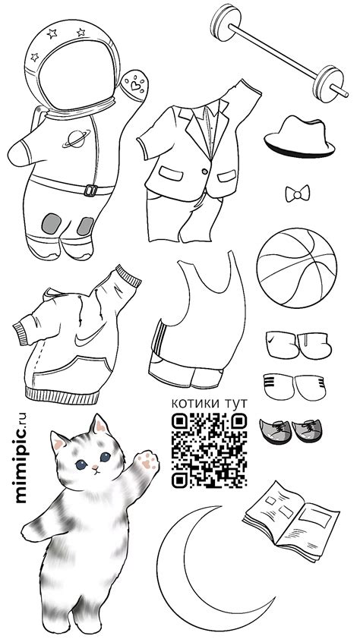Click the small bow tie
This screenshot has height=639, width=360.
(x=297, y=194)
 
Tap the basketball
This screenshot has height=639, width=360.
(x=297, y=268)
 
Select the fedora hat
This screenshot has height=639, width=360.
(x=298, y=137)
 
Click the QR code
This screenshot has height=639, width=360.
(x=209, y=450)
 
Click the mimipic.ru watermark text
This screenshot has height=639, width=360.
(x=21, y=458)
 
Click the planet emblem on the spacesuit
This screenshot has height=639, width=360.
(x=76, y=139)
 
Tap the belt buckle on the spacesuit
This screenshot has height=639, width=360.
(x=91, y=190)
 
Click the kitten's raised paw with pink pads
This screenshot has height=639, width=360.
(x=148, y=461)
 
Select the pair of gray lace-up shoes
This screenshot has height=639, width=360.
(x=291, y=431)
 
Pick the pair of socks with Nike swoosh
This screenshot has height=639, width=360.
(x=298, y=345)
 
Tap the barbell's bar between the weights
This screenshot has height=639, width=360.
(x=274, y=51)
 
